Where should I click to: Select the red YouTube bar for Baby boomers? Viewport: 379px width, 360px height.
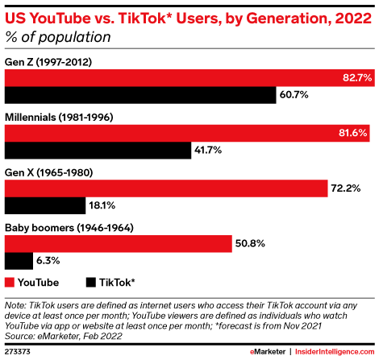point(118,243)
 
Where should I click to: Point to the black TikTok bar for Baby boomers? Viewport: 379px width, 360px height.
point(19,261)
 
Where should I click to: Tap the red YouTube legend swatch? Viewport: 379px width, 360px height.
point(10,283)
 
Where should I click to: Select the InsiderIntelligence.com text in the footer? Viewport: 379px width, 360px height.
point(336,352)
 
